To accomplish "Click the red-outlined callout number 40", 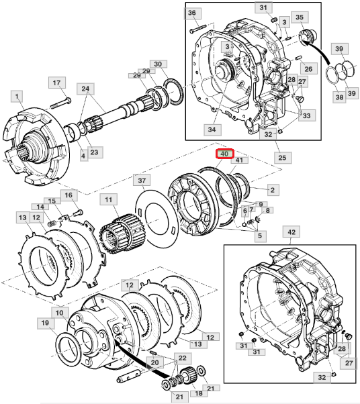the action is tap(224, 154).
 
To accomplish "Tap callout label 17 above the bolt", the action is tap(56, 83).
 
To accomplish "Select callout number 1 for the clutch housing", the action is tap(17, 97).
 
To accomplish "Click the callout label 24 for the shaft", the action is tap(85, 89).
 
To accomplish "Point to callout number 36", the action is tap(192, 13).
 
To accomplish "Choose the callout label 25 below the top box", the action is tap(282, 158).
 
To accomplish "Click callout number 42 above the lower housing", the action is tap(291, 232).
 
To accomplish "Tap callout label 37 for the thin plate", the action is tap(142, 181).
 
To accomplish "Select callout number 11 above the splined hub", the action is tap(109, 200).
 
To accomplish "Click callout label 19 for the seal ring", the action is tap(46, 323).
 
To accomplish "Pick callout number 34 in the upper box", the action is tap(212, 130).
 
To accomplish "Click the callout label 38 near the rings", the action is tap(339, 97).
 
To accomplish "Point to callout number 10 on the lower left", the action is tap(60, 313).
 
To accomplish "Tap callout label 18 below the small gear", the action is tap(199, 393).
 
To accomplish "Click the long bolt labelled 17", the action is tap(60, 103).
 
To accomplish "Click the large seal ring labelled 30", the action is tap(174, 92).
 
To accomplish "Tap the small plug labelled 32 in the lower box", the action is tap(333, 374).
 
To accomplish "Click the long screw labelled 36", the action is tap(199, 28).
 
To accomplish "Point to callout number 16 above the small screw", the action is tap(69, 195).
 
